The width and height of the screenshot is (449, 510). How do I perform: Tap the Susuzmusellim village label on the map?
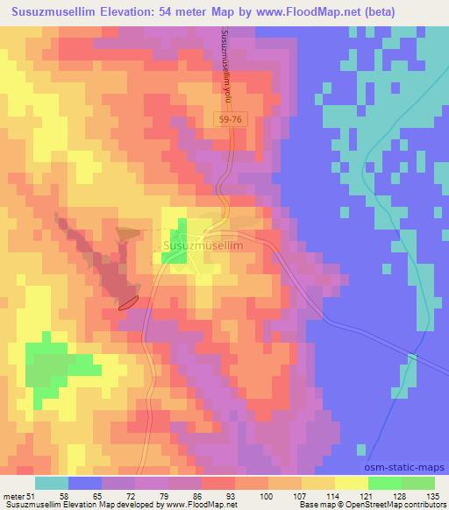(x=203, y=248)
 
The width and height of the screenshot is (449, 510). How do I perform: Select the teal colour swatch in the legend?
(x=52, y=482)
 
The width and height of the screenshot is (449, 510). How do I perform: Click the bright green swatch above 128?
(x=384, y=482)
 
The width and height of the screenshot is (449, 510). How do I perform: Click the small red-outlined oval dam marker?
(x=128, y=302)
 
